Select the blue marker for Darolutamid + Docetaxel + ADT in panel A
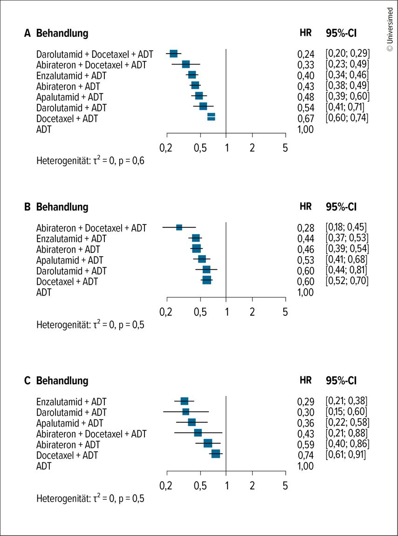[x=173, y=54]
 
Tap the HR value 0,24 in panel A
[x=306, y=54]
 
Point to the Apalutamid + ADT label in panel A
[x=69, y=97]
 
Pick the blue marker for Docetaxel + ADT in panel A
[x=211, y=117]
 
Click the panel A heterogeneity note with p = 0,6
[x=90, y=161]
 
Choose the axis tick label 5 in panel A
[x=285, y=148]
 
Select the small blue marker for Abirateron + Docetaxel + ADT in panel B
[x=179, y=227]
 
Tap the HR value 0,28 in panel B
[x=306, y=228]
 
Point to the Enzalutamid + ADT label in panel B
[x=71, y=238]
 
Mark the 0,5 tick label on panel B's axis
[x=200, y=312]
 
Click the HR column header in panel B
[x=305, y=206]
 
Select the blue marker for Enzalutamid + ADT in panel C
[x=185, y=401]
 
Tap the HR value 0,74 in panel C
[x=306, y=455]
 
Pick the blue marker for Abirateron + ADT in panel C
[x=208, y=443]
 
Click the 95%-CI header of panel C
[x=341, y=380]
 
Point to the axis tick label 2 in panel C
[x=252, y=486]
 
